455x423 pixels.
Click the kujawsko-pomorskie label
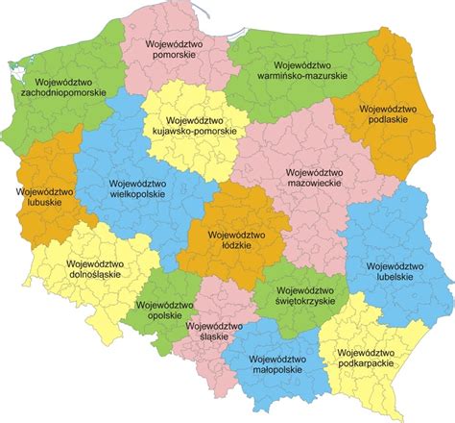pyautogui.click(x=188, y=129)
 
